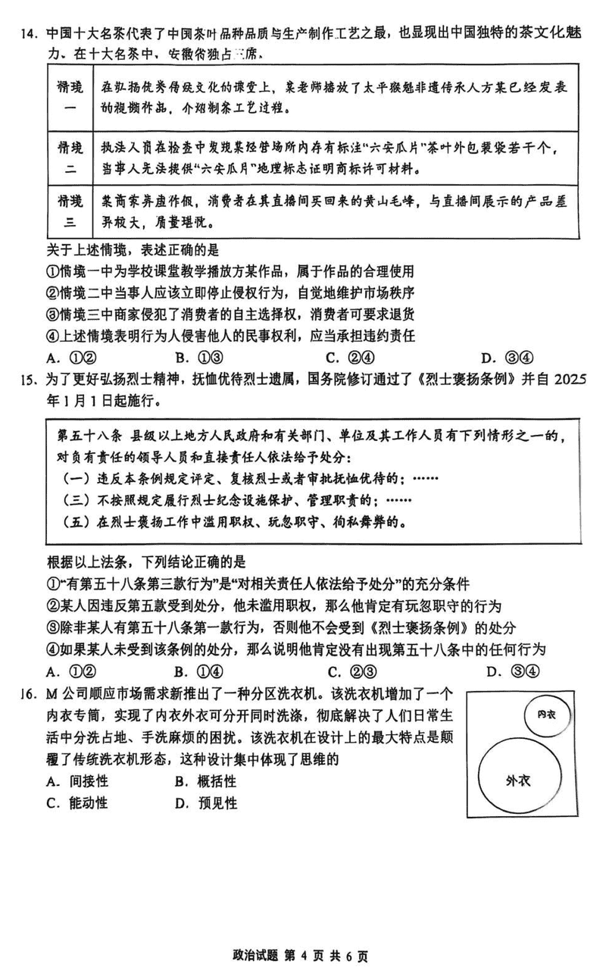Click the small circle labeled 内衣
tap(546, 715)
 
